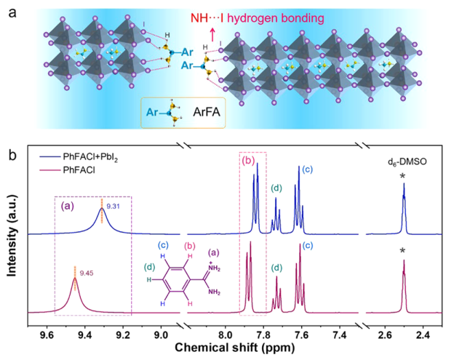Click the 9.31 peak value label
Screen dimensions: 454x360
113,206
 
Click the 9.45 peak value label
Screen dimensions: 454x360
87,273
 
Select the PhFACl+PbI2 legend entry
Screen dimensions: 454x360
79,157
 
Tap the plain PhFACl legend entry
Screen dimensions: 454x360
68,170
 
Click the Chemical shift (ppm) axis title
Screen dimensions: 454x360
235,348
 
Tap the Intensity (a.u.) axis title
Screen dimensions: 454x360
12,236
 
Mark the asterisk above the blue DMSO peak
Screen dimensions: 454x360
402,176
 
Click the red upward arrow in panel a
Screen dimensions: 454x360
212,34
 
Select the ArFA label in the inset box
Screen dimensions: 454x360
207,112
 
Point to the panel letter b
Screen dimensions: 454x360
13,156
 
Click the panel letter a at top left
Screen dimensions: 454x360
12,13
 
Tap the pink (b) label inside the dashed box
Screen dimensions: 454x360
248,160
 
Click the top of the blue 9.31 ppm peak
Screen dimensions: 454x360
102,208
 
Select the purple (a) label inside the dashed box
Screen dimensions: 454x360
67,206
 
